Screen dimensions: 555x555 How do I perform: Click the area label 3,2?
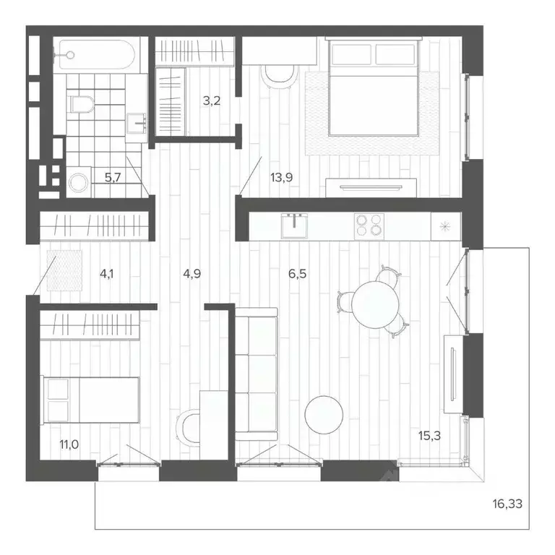[x=211, y=100]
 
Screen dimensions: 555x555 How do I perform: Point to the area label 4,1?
[x=108, y=273]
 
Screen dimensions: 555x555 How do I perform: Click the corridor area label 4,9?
[x=191, y=273]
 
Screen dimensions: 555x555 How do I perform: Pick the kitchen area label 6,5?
[x=298, y=273]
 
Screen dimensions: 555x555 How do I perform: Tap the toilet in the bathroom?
[x=82, y=104]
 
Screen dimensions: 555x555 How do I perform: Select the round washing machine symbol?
[x=78, y=183]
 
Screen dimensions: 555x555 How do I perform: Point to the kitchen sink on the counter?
[x=295, y=226]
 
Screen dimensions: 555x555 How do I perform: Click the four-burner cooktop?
[x=369, y=226]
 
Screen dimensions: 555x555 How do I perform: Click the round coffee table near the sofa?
[x=324, y=415]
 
